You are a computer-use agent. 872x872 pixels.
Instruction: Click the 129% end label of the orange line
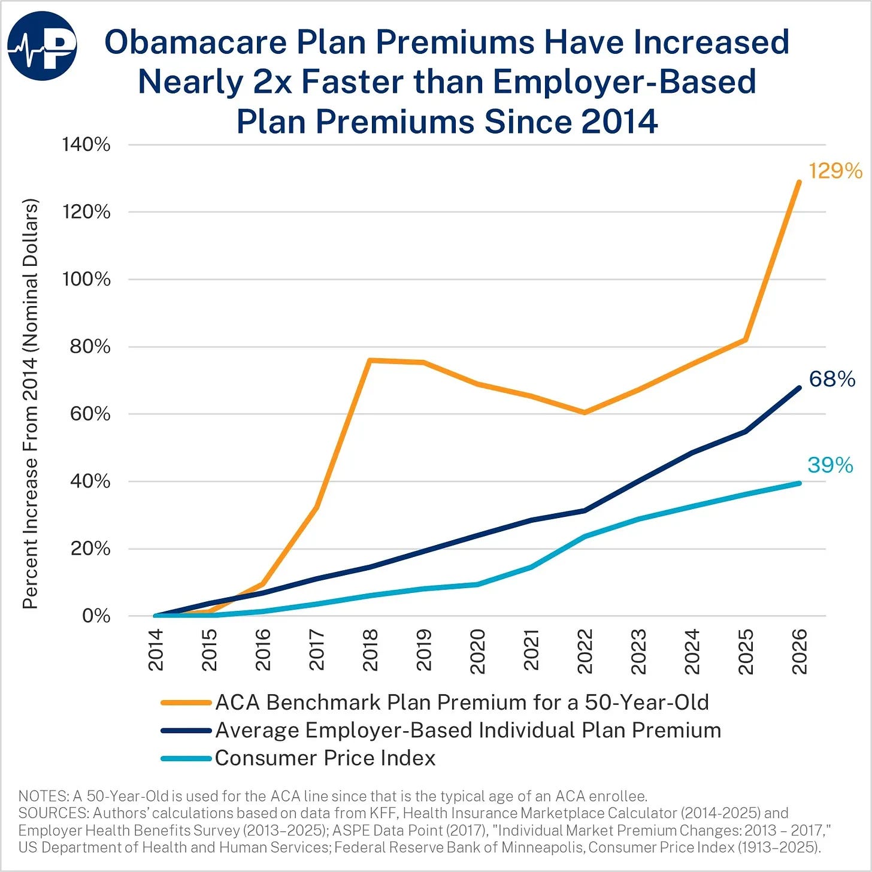point(835,171)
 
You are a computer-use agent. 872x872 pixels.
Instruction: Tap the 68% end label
point(832,379)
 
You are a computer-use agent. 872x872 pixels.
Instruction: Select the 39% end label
point(830,465)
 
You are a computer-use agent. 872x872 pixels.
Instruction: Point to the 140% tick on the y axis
point(86,145)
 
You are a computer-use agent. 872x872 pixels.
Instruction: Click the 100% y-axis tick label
point(86,279)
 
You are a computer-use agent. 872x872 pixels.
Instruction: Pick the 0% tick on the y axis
point(96,616)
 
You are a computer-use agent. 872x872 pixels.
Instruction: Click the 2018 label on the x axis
point(370,650)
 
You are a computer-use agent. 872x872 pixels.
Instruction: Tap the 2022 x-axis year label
point(585,650)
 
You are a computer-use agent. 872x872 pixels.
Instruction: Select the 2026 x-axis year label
point(800,650)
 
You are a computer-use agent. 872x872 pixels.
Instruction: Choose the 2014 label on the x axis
point(156,650)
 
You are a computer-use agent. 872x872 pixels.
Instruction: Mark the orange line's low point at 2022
point(585,412)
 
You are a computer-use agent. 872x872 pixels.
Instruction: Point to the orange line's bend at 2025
point(745,340)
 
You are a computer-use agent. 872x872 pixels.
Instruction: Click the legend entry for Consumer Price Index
point(298,758)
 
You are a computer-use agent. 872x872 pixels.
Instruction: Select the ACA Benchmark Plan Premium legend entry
point(435,703)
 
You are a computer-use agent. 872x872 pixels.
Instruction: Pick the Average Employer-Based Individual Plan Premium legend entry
point(441,731)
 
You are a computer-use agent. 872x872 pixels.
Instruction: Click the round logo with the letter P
point(42,46)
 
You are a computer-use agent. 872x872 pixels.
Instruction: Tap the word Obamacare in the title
point(195,42)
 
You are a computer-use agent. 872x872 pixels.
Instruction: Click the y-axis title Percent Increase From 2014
point(30,404)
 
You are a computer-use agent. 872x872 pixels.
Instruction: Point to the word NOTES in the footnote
point(43,797)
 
